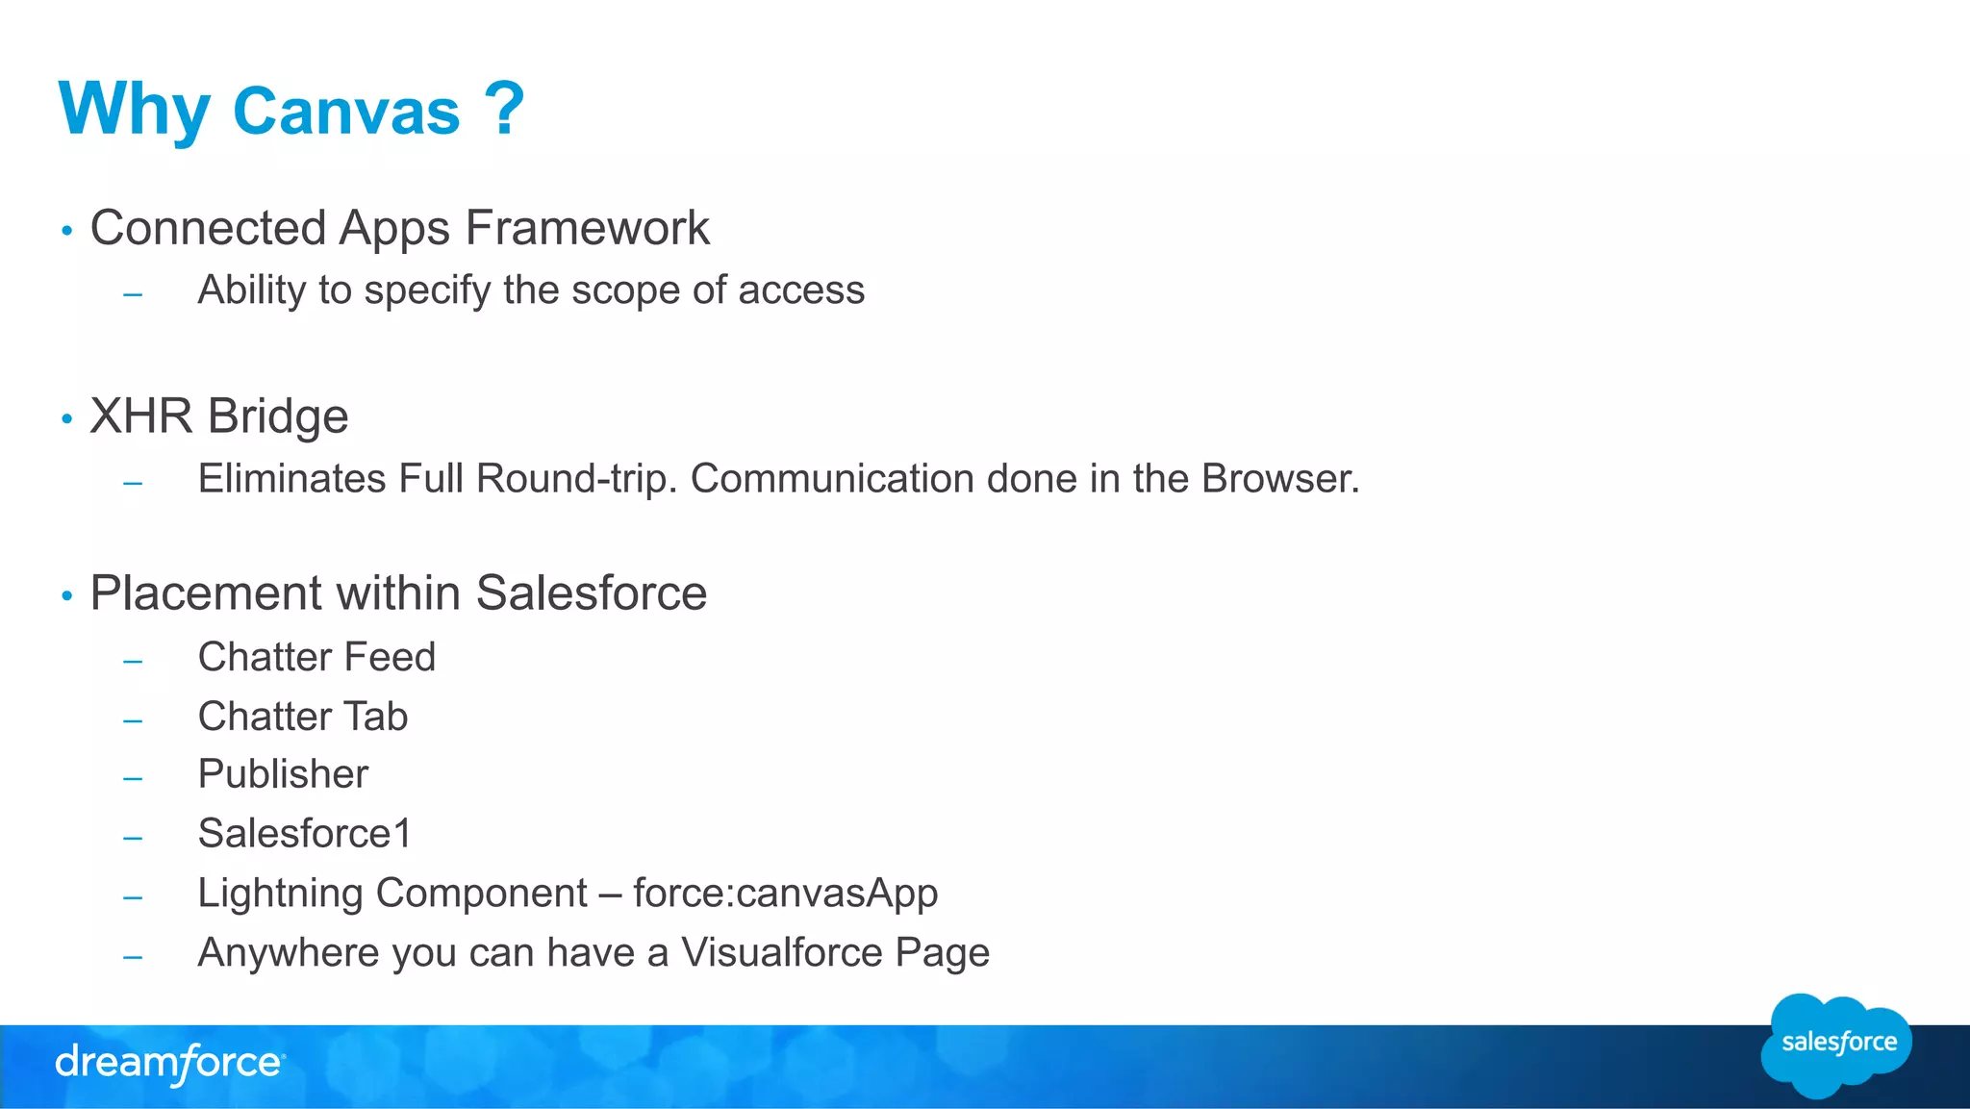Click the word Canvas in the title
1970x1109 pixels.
346,112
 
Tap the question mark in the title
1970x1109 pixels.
504,108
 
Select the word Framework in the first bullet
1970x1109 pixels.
587,229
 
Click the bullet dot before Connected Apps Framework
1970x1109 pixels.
66,231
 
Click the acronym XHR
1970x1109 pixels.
140,416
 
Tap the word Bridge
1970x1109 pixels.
278,416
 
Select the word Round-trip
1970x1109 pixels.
577,479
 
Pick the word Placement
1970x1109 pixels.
206,593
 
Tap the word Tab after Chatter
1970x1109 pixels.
376,717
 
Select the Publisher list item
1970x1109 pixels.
283,774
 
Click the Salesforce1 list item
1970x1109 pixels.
304,834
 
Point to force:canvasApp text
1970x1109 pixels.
785,894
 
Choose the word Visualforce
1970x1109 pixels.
782,953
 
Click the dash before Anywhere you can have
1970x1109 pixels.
133,957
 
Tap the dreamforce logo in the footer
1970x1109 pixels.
169,1064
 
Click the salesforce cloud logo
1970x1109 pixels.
1836,1045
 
